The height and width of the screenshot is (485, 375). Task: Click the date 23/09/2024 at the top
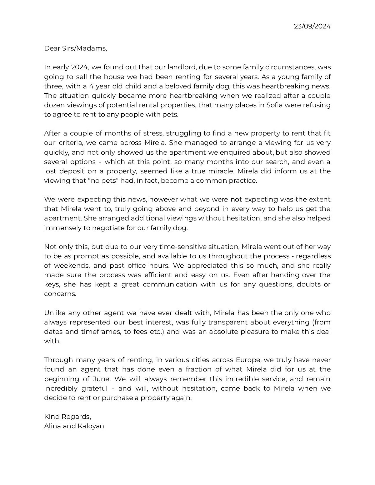pos(312,26)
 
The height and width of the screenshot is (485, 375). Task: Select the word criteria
pos(72,143)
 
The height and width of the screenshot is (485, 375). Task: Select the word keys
pos(51,285)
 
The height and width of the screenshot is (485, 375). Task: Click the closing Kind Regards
pos(67,417)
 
